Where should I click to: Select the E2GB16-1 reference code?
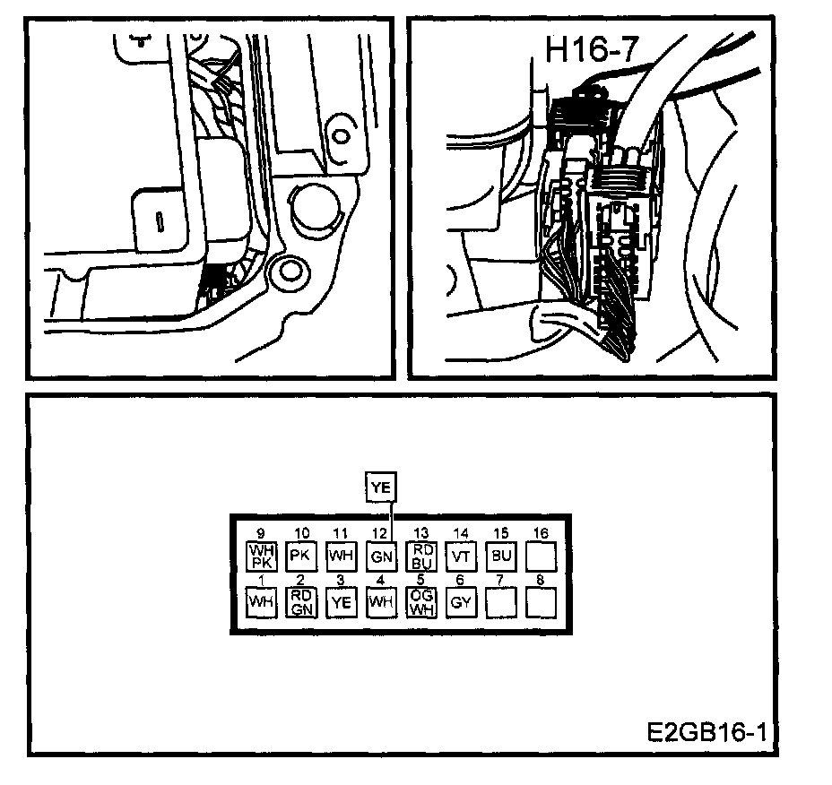(706, 731)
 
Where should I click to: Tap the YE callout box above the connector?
(381, 487)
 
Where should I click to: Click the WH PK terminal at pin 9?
(261, 556)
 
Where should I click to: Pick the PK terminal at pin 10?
(300, 556)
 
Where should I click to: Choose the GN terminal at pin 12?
(380, 556)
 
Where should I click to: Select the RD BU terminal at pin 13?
(421, 556)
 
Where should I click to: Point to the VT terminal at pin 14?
(461, 556)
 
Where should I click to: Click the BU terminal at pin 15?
(501, 556)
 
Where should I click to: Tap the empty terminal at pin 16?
(541, 556)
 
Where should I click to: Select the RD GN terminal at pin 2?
(300, 602)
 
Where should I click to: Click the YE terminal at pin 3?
(341, 602)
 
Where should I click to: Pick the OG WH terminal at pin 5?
(421, 602)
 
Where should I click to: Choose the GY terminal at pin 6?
(461, 602)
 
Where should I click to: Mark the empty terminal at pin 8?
(541, 602)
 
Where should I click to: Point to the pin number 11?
(341, 534)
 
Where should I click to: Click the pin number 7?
(500, 581)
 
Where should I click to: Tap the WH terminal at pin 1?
(261, 602)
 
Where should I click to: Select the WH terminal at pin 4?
(380, 602)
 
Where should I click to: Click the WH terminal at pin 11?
(341, 556)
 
